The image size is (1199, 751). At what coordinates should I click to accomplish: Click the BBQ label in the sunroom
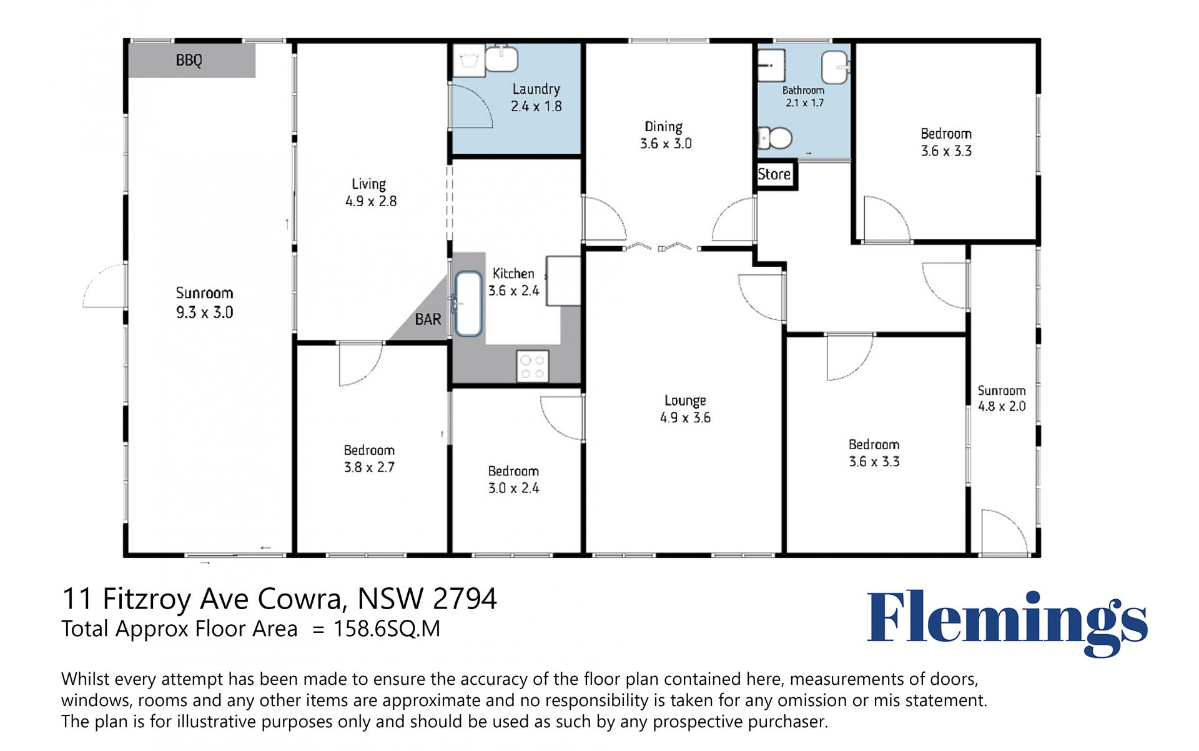[189, 60]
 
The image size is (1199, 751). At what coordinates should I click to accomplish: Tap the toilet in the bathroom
[775, 138]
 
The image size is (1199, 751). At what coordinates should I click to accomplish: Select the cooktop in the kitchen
[532, 366]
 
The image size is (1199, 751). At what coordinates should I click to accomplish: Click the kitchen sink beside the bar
[468, 304]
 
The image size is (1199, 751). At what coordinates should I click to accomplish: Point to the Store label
[774, 174]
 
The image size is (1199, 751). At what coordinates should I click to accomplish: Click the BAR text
[428, 319]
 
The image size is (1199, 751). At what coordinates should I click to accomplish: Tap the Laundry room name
[536, 89]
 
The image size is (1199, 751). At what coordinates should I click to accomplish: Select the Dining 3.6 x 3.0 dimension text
[666, 144]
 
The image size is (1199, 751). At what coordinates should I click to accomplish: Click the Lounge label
[685, 400]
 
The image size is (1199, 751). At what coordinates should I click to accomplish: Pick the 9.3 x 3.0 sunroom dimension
[204, 312]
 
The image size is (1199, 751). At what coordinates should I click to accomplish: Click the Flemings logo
[1007, 623]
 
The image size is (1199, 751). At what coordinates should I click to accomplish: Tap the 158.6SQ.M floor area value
[387, 629]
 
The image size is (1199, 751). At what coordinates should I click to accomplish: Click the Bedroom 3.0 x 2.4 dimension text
[513, 488]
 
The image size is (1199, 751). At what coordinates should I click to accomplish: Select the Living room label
[368, 184]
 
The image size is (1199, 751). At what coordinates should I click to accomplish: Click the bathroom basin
[835, 67]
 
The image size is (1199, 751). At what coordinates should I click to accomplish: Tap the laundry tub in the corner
[469, 61]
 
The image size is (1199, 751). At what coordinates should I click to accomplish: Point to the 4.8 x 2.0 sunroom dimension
[1002, 407]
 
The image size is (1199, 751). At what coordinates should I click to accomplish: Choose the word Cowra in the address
[302, 599]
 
